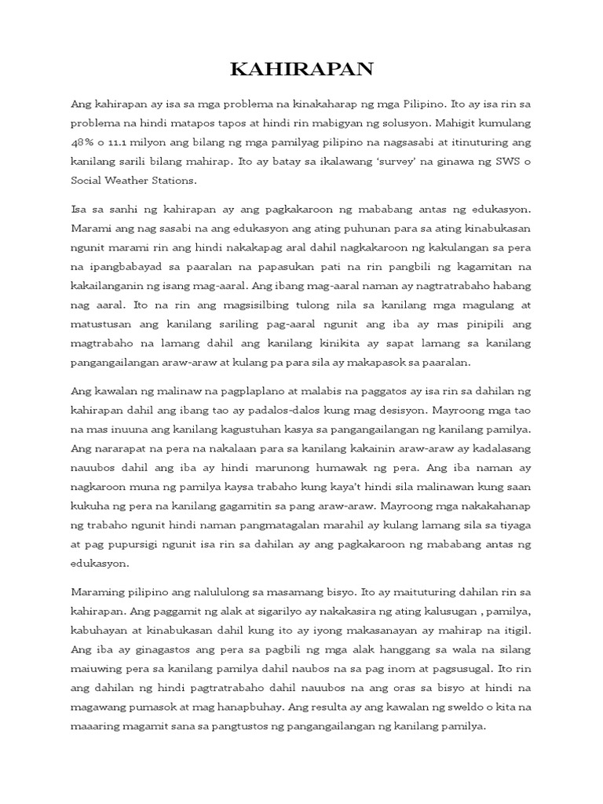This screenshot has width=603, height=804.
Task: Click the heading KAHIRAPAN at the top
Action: coord(301,70)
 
